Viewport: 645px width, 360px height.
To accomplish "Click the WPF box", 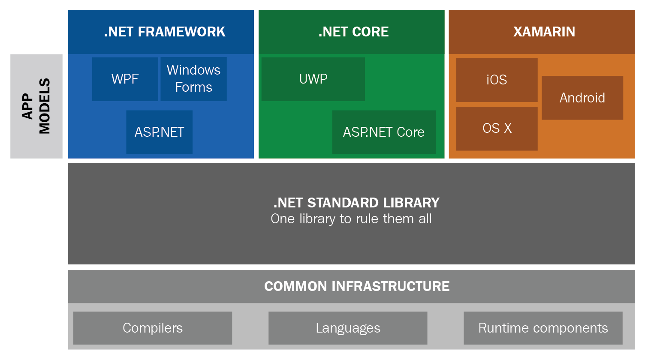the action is click(125, 79).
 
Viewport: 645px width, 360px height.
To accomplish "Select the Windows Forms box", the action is click(193, 79).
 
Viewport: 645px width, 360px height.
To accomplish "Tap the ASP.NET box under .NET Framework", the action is click(159, 132).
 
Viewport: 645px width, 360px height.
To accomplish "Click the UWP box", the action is click(313, 79).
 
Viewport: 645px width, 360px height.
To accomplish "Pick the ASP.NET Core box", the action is click(384, 132).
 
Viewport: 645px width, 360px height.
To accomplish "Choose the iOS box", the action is click(497, 80).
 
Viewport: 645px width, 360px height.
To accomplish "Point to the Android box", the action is click(582, 98).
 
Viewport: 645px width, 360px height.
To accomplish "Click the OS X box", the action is click(497, 129).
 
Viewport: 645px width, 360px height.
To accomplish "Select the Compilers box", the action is click(153, 328).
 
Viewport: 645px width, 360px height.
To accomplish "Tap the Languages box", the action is click(348, 328).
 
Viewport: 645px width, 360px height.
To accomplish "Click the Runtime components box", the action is click(543, 328).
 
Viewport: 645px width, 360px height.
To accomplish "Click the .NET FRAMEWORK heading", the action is click(165, 32).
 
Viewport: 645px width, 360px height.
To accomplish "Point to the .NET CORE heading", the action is click(353, 32).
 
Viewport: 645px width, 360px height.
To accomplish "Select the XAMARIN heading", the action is click(544, 32).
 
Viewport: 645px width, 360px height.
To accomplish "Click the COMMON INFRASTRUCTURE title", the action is click(357, 286).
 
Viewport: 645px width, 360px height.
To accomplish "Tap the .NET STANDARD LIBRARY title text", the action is click(356, 203).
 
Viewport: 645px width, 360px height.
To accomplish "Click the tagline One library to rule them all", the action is click(351, 219).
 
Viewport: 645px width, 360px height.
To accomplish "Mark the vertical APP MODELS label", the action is click(36, 106).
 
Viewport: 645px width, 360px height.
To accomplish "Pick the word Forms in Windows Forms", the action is click(193, 87).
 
